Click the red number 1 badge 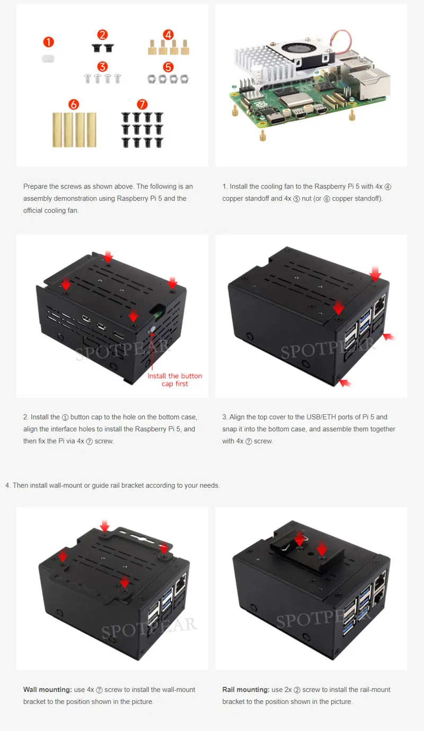pyautogui.click(x=49, y=42)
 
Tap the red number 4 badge pyautogui.click(x=168, y=34)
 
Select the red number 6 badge pyautogui.click(x=74, y=104)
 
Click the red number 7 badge pyautogui.click(x=142, y=104)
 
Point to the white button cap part pyautogui.click(x=48, y=59)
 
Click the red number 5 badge pyautogui.click(x=168, y=67)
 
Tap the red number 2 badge pyautogui.click(x=102, y=34)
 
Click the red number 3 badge pyautogui.click(x=102, y=67)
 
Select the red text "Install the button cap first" pyautogui.click(x=174, y=380)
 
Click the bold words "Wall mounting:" pyautogui.click(x=47, y=690)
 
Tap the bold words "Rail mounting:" pyautogui.click(x=246, y=690)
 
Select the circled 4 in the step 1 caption pyautogui.click(x=387, y=187)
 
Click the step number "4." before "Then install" pyautogui.click(x=8, y=486)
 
